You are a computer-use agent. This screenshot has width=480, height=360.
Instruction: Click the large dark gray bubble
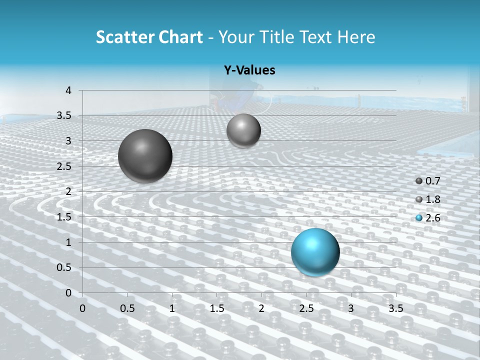click(x=145, y=156)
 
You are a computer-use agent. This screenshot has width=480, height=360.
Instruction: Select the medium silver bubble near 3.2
click(x=243, y=130)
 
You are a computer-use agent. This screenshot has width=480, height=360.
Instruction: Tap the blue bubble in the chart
click(x=315, y=252)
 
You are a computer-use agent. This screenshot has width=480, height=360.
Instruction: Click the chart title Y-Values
click(x=249, y=70)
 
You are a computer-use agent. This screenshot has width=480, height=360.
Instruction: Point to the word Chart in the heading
click(x=180, y=37)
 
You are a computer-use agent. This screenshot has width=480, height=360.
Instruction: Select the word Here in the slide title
click(x=355, y=37)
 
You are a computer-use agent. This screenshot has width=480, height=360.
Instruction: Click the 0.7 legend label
click(x=432, y=181)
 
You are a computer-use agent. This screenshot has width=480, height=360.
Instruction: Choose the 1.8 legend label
click(x=432, y=199)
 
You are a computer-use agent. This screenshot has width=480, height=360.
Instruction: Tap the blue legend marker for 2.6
click(x=419, y=218)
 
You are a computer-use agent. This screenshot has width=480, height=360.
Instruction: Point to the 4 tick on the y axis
click(x=68, y=90)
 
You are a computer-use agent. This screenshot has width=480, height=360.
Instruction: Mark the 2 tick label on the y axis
click(x=68, y=191)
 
